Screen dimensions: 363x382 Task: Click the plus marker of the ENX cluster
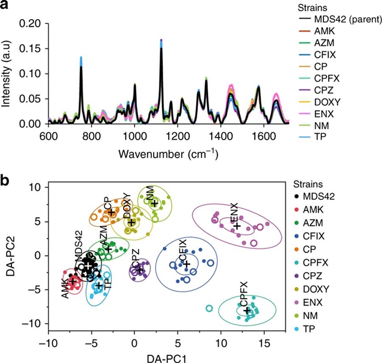(x=237, y=226)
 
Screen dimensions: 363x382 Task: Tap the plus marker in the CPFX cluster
(x=247, y=310)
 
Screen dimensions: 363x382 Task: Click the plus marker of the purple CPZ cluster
(x=140, y=270)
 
